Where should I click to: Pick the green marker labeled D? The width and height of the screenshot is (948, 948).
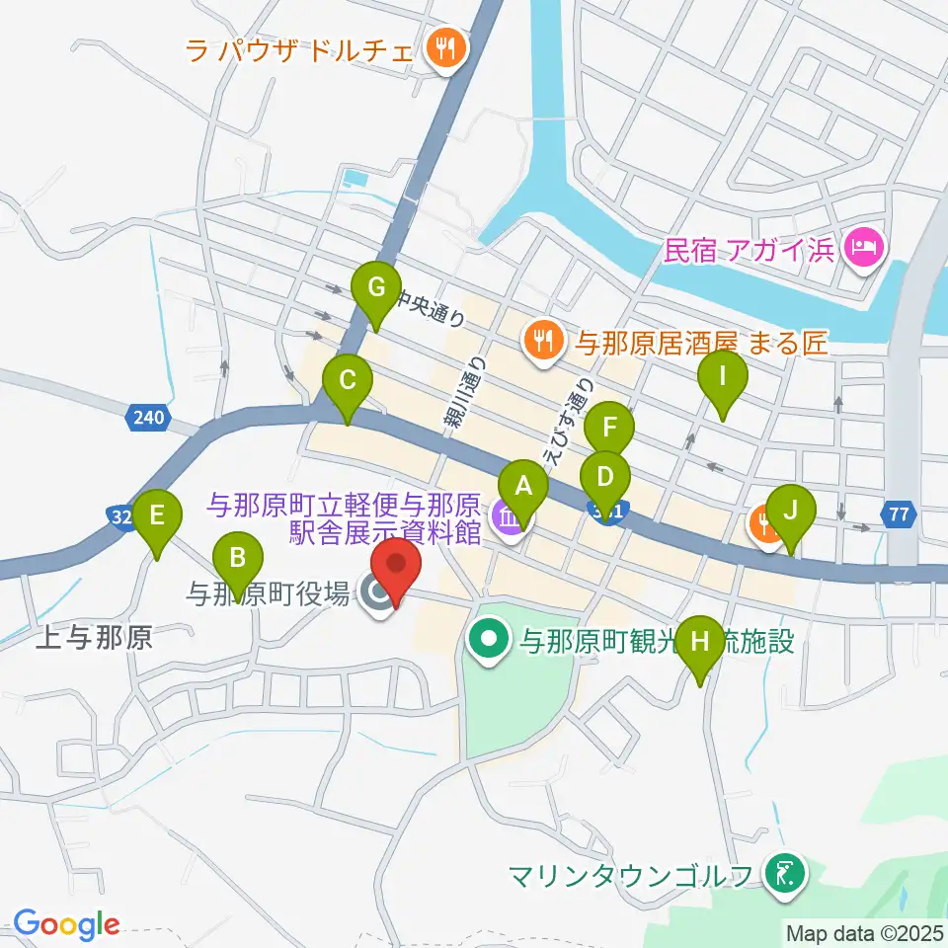click(x=605, y=479)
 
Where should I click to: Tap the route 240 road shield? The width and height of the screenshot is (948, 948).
click(x=145, y=418)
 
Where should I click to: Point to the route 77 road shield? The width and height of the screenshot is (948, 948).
click(x=898, y=513)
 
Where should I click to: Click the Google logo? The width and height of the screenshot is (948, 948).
click(x=66, y=924)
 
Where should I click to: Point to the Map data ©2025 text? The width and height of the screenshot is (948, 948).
click(x=865, y=931)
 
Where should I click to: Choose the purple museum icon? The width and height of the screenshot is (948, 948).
click(x=509, y=516)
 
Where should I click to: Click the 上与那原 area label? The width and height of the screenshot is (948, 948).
click(x=94, y=639)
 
